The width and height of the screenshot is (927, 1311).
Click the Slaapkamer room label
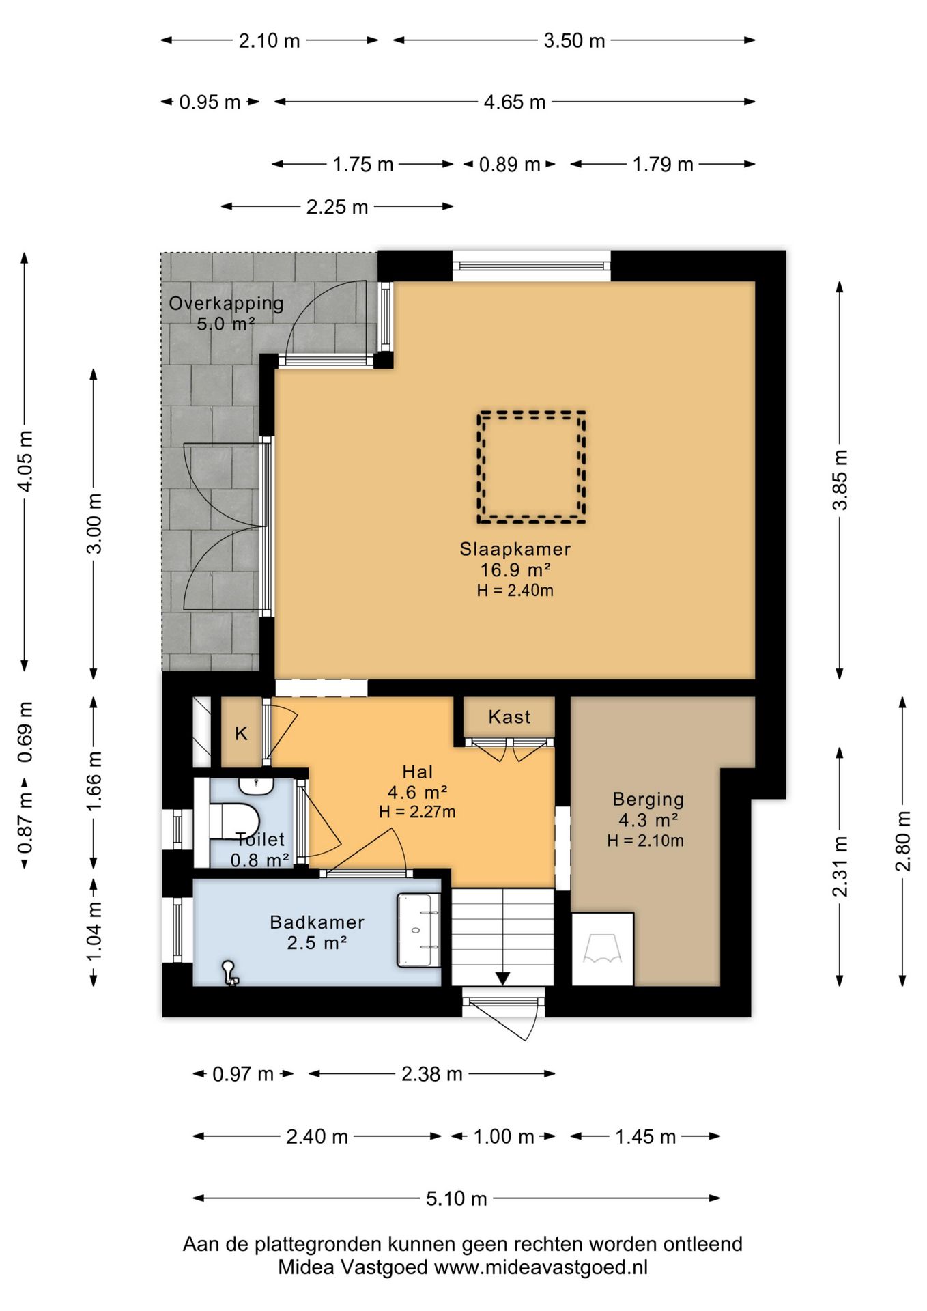click(x=515, y=549)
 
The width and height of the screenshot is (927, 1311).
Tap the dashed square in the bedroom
click(x=532, y=413)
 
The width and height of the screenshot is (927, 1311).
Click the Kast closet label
click(x=509, y=717)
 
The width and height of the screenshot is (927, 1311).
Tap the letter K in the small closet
click(x=241, y=734)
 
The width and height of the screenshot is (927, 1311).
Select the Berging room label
click(x=648, y=799)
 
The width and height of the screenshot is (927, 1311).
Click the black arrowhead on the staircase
click(x=502, y=978)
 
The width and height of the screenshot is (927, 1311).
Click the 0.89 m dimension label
click(x=509, y=165)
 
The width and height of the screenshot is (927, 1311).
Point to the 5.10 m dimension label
click(x=457, y=1198)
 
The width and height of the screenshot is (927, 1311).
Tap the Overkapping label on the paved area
click(x=226, y=303)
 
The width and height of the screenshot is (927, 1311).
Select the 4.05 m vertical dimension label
click(x=25, y=461)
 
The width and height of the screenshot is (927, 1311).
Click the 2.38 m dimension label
click(x=431, y=1074)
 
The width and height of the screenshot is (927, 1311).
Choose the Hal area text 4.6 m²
click(x=417, y=793)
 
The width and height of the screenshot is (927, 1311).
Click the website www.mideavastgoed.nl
click(x=541, y=1267)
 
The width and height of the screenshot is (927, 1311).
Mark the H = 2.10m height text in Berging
click(x=646, y=841)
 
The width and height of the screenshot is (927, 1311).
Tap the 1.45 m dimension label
click(x=645, y=1137)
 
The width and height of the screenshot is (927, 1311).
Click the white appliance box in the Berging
click(x=603, y=949)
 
